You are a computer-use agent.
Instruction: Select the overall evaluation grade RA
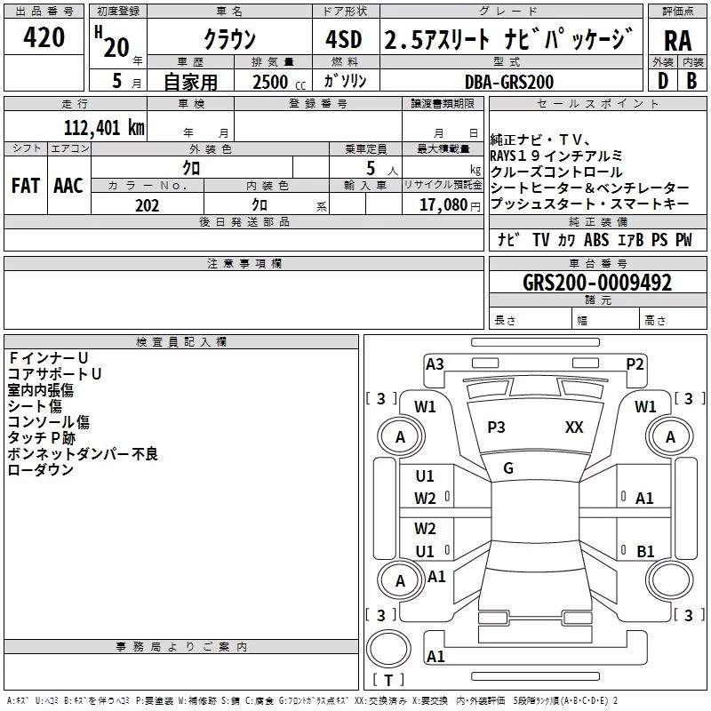(x=677, y=41)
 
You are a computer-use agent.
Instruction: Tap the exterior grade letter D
(x=662, y=81)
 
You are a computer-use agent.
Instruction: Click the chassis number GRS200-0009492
(x=596, y=284)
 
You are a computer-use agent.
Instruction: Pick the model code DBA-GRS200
(x=509, y=82)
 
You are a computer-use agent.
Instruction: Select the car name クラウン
(x=229, y=39)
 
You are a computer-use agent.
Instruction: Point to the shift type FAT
(x=25, y=186)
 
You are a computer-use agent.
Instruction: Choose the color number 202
(x=147, y=205)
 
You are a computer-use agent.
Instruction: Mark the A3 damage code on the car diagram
(x=435, y=363)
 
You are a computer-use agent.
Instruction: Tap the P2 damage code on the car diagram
(x=635, y=363)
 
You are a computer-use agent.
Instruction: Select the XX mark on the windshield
(x=574, y=427)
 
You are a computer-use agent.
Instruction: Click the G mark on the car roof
(x=508, y=468)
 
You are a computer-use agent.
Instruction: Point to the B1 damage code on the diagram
(x=645, y=551)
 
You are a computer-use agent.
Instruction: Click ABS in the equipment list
(x=596, y=240)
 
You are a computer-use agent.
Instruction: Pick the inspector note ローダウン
(x=41, y=470)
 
